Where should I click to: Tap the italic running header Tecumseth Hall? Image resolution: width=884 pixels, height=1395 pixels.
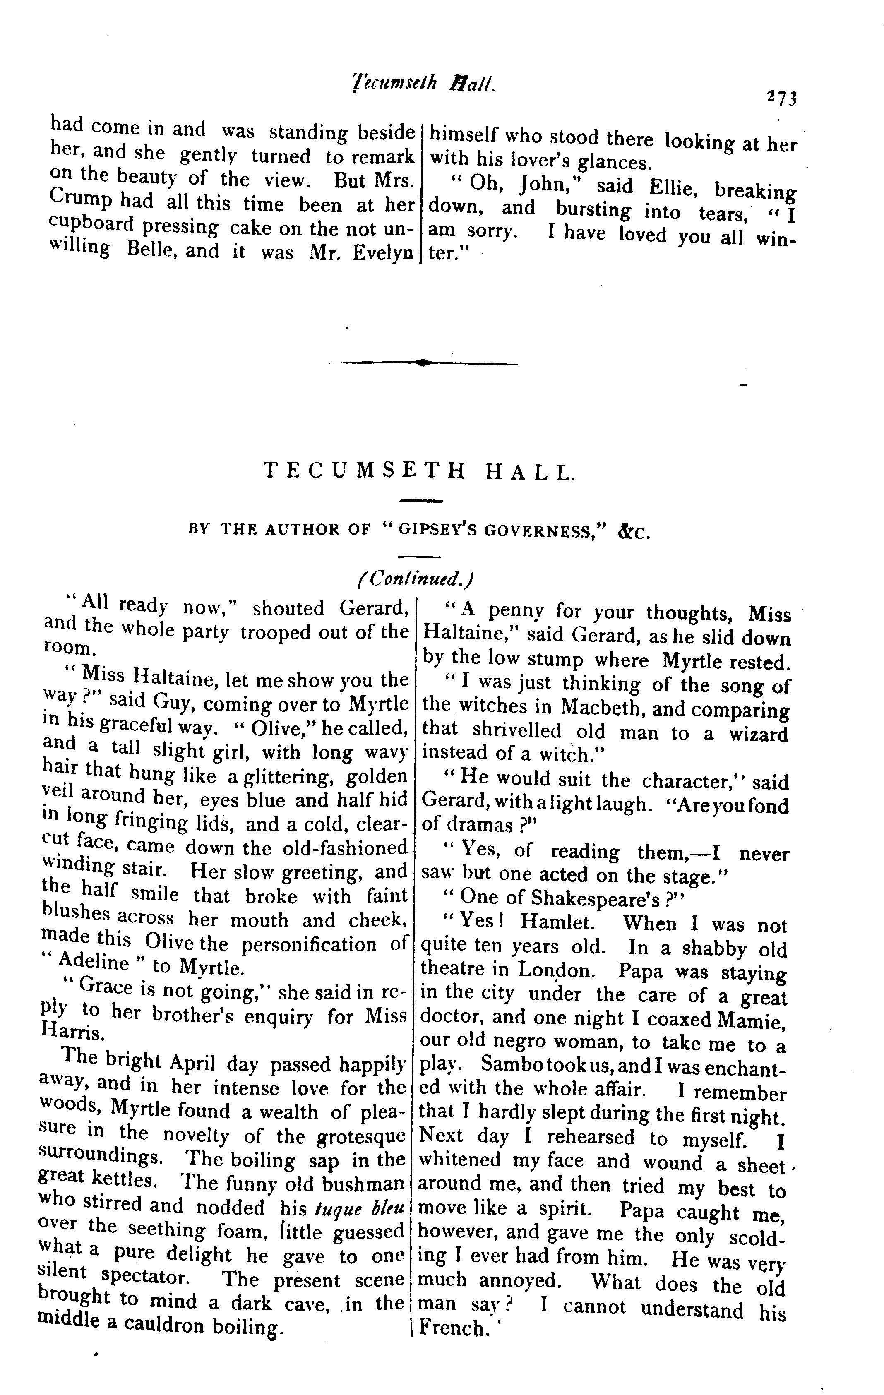pyautogui.click(x=423, y=85)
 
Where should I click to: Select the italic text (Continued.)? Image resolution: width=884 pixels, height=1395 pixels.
pyautogui.click(x=416, y=578)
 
